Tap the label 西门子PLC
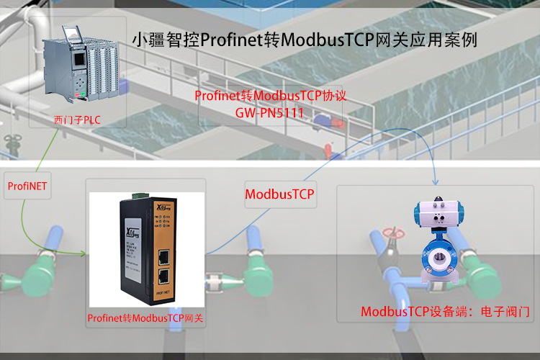click(x=77, y=119)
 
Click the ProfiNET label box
click(x=27, y=186)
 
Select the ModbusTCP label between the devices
click(x=280, y=194)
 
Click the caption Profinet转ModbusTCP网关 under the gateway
click(x=145, y=318)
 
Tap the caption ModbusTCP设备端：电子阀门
click(x=445, y=312)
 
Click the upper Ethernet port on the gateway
click(x=163, y=256)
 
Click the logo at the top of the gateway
click(x=133, y=232)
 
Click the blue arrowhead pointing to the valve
click(x=436, y=180)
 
